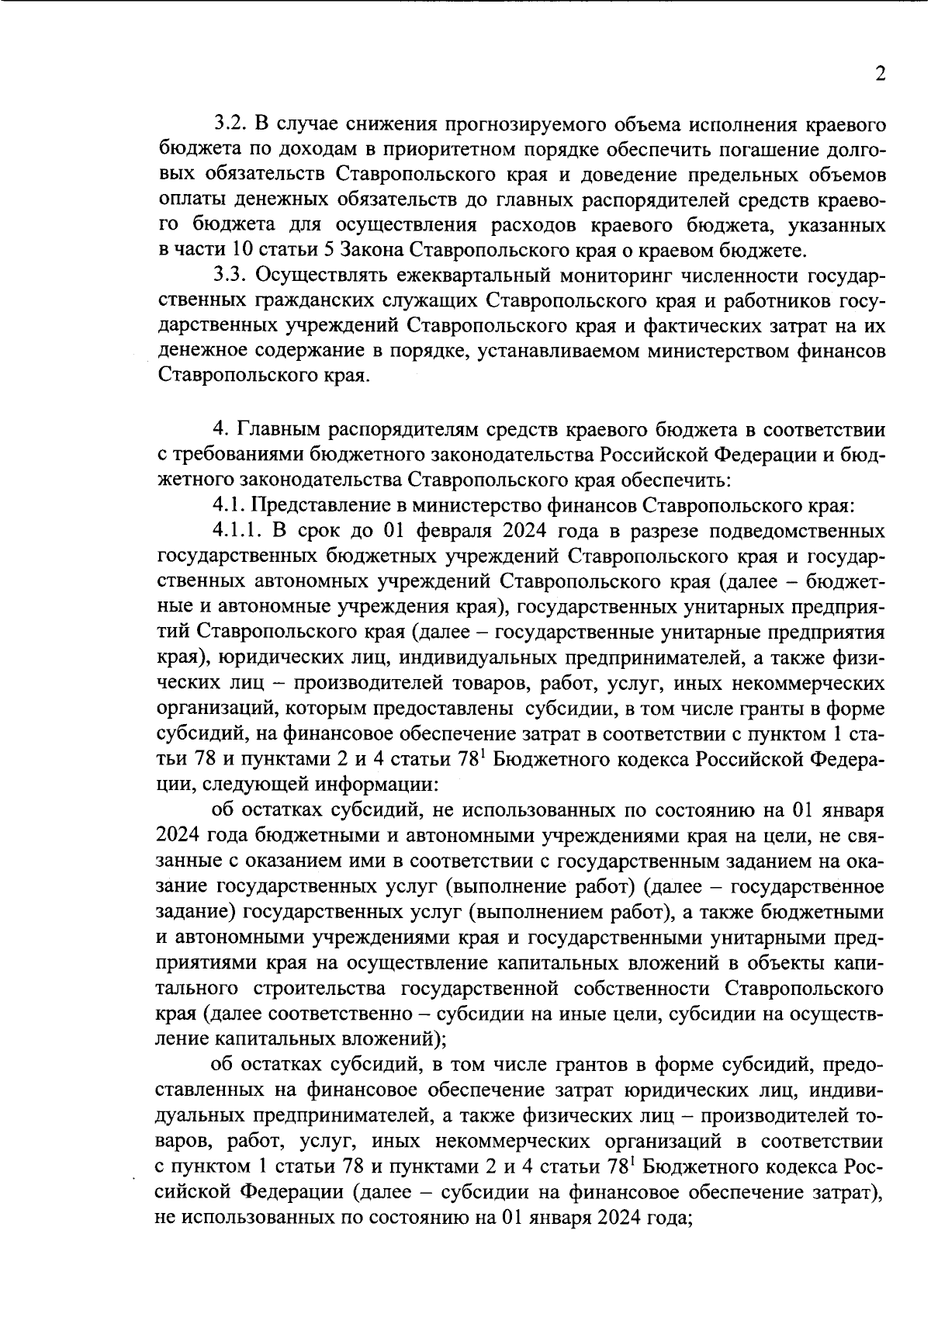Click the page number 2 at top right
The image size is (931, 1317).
(x=879, y=74)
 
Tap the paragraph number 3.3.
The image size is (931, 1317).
(x=229, y=275)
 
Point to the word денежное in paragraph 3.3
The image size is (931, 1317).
(x=199, y=351)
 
